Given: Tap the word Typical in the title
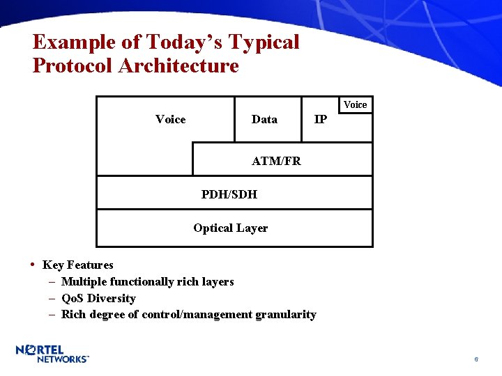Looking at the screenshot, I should (264, 42).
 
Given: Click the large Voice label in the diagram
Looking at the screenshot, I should (171, 120).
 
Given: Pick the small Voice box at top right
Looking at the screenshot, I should (355, 104).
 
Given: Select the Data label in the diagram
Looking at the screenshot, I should (264, 120).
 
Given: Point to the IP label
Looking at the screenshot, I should (321, 120).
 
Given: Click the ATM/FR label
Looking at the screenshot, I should (276, 161).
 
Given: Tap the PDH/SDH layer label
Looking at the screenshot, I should (229, 194).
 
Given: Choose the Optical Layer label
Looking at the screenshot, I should (230, 228).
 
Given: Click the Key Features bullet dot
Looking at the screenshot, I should (33, 265).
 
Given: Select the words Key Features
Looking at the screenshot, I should (78, 265).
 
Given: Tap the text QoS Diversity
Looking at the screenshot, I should (98, 298).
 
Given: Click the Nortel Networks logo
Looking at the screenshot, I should (52, 353).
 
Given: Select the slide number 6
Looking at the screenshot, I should (476, 359).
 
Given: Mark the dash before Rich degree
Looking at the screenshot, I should (53, 315).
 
